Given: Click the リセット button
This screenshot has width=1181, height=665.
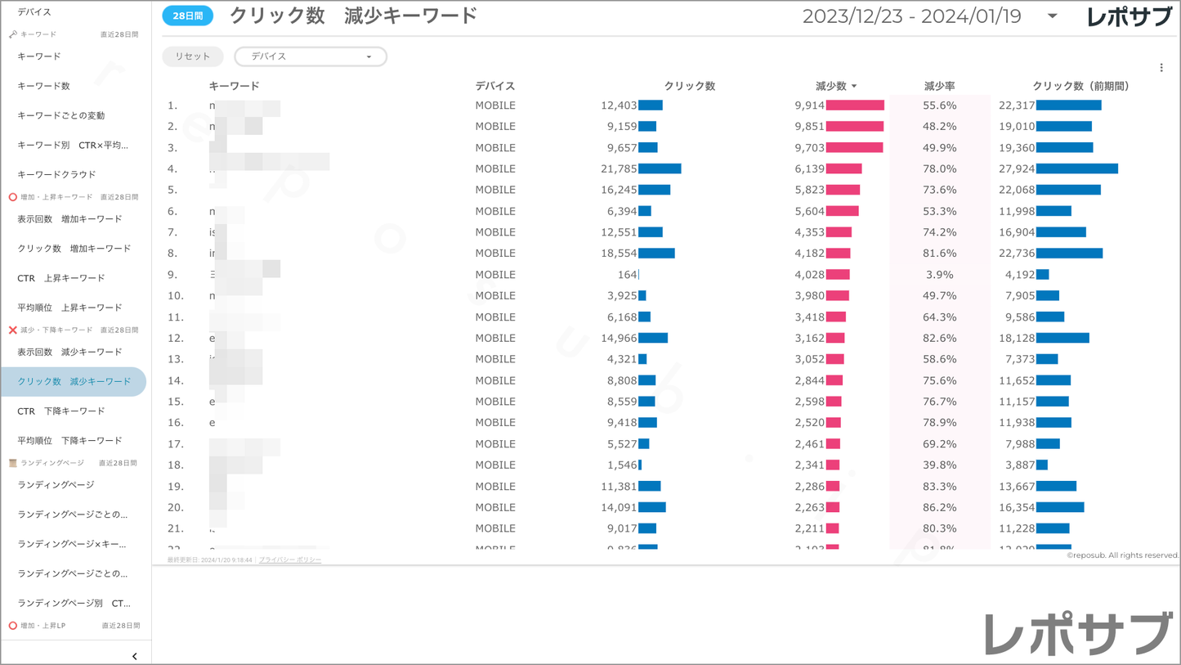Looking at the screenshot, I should (x=193, y=56).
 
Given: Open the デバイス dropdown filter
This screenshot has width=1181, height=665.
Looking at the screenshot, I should (x=311, y=56).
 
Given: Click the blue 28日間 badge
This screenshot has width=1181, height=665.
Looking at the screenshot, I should (x=188, y=16).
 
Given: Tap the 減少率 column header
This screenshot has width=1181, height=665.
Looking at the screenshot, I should (x=939, y=86).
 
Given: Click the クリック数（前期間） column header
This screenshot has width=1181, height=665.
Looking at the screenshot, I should (x=1080, y=86).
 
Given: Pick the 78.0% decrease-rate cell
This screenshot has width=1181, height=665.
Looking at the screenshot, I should (x=939, y=168).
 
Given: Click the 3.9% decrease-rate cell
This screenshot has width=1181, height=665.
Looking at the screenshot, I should (x=939, y=275).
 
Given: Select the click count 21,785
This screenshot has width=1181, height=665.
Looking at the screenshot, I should (x=618, y=168).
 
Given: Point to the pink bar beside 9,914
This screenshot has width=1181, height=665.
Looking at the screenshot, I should (x=855, y=106).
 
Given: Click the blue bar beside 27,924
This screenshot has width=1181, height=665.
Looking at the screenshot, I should (x=1077, y=168).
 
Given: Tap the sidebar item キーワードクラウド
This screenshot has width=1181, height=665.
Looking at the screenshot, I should (x=56, y=174).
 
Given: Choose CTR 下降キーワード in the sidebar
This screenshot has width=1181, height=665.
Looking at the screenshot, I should (x=61, y=411).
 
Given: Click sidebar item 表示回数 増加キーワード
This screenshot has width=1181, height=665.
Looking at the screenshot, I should (x=69, y=219).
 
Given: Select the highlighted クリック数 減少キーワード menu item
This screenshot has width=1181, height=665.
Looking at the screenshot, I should (x=74, y=382).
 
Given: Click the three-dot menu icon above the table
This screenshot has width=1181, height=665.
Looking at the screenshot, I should (x=1161, y=68).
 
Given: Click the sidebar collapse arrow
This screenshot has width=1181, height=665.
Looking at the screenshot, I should (x=135, y=656).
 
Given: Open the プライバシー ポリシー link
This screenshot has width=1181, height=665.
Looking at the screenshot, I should (x=290, y=560).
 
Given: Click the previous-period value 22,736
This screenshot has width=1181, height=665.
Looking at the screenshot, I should (x=1017, y=254).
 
